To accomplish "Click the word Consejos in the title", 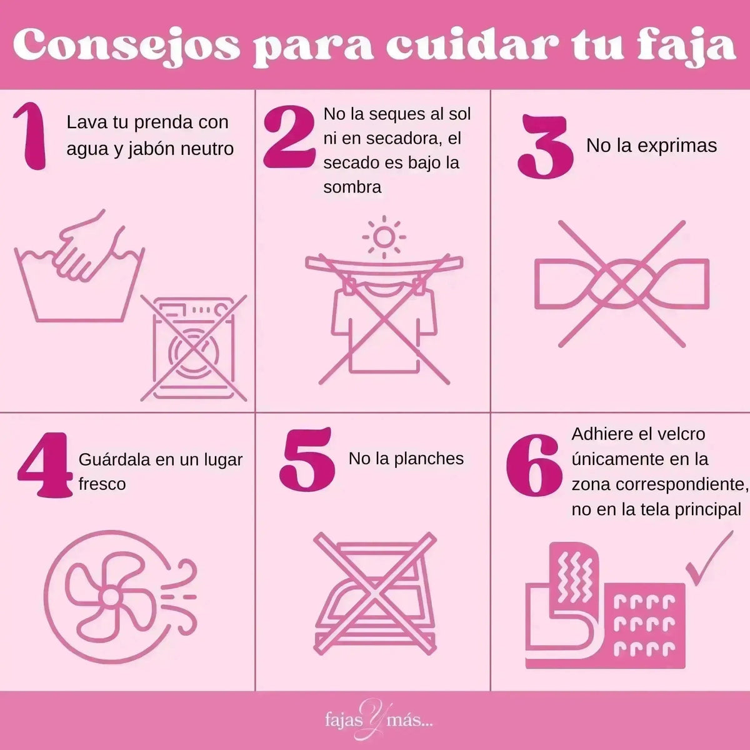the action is (x=127, y=47).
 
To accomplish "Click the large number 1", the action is (x=31, y=136).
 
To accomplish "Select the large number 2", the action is (x=289, y=136).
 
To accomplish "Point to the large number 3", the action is (x=545, y=146).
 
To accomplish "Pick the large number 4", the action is (x=45, y=465).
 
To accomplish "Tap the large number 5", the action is (x=307, y=459).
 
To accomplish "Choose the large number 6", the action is (x=534, y=465).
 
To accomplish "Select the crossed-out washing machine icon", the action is (x=194, y=348).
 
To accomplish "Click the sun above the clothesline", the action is (x=384, y=237).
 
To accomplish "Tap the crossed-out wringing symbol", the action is (x=621, y=284).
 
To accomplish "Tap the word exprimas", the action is (x=677, y=146).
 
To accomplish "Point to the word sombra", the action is (x=352, y=187).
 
